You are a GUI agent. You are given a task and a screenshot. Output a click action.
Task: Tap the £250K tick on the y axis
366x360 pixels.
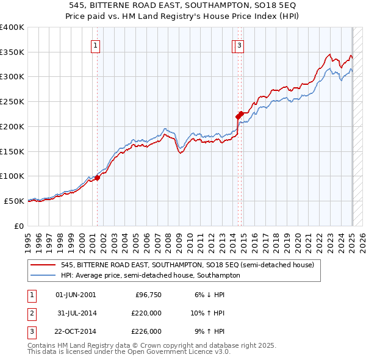click(x=12, y=101)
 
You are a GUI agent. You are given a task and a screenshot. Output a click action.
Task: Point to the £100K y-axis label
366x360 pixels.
click(x=12, y=176)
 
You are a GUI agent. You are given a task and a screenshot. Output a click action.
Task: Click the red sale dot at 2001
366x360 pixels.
click(x=97, y=178)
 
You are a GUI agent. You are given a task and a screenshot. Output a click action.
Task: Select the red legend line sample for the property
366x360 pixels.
click(x=43, y=265)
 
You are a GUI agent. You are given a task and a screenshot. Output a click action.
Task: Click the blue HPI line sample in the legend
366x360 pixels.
click(x=43, y=275)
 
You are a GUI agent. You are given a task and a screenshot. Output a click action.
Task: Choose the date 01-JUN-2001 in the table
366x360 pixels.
click(x=76, y=295)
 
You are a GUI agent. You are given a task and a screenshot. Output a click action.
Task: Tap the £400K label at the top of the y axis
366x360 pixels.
click(x=12, y=27)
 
